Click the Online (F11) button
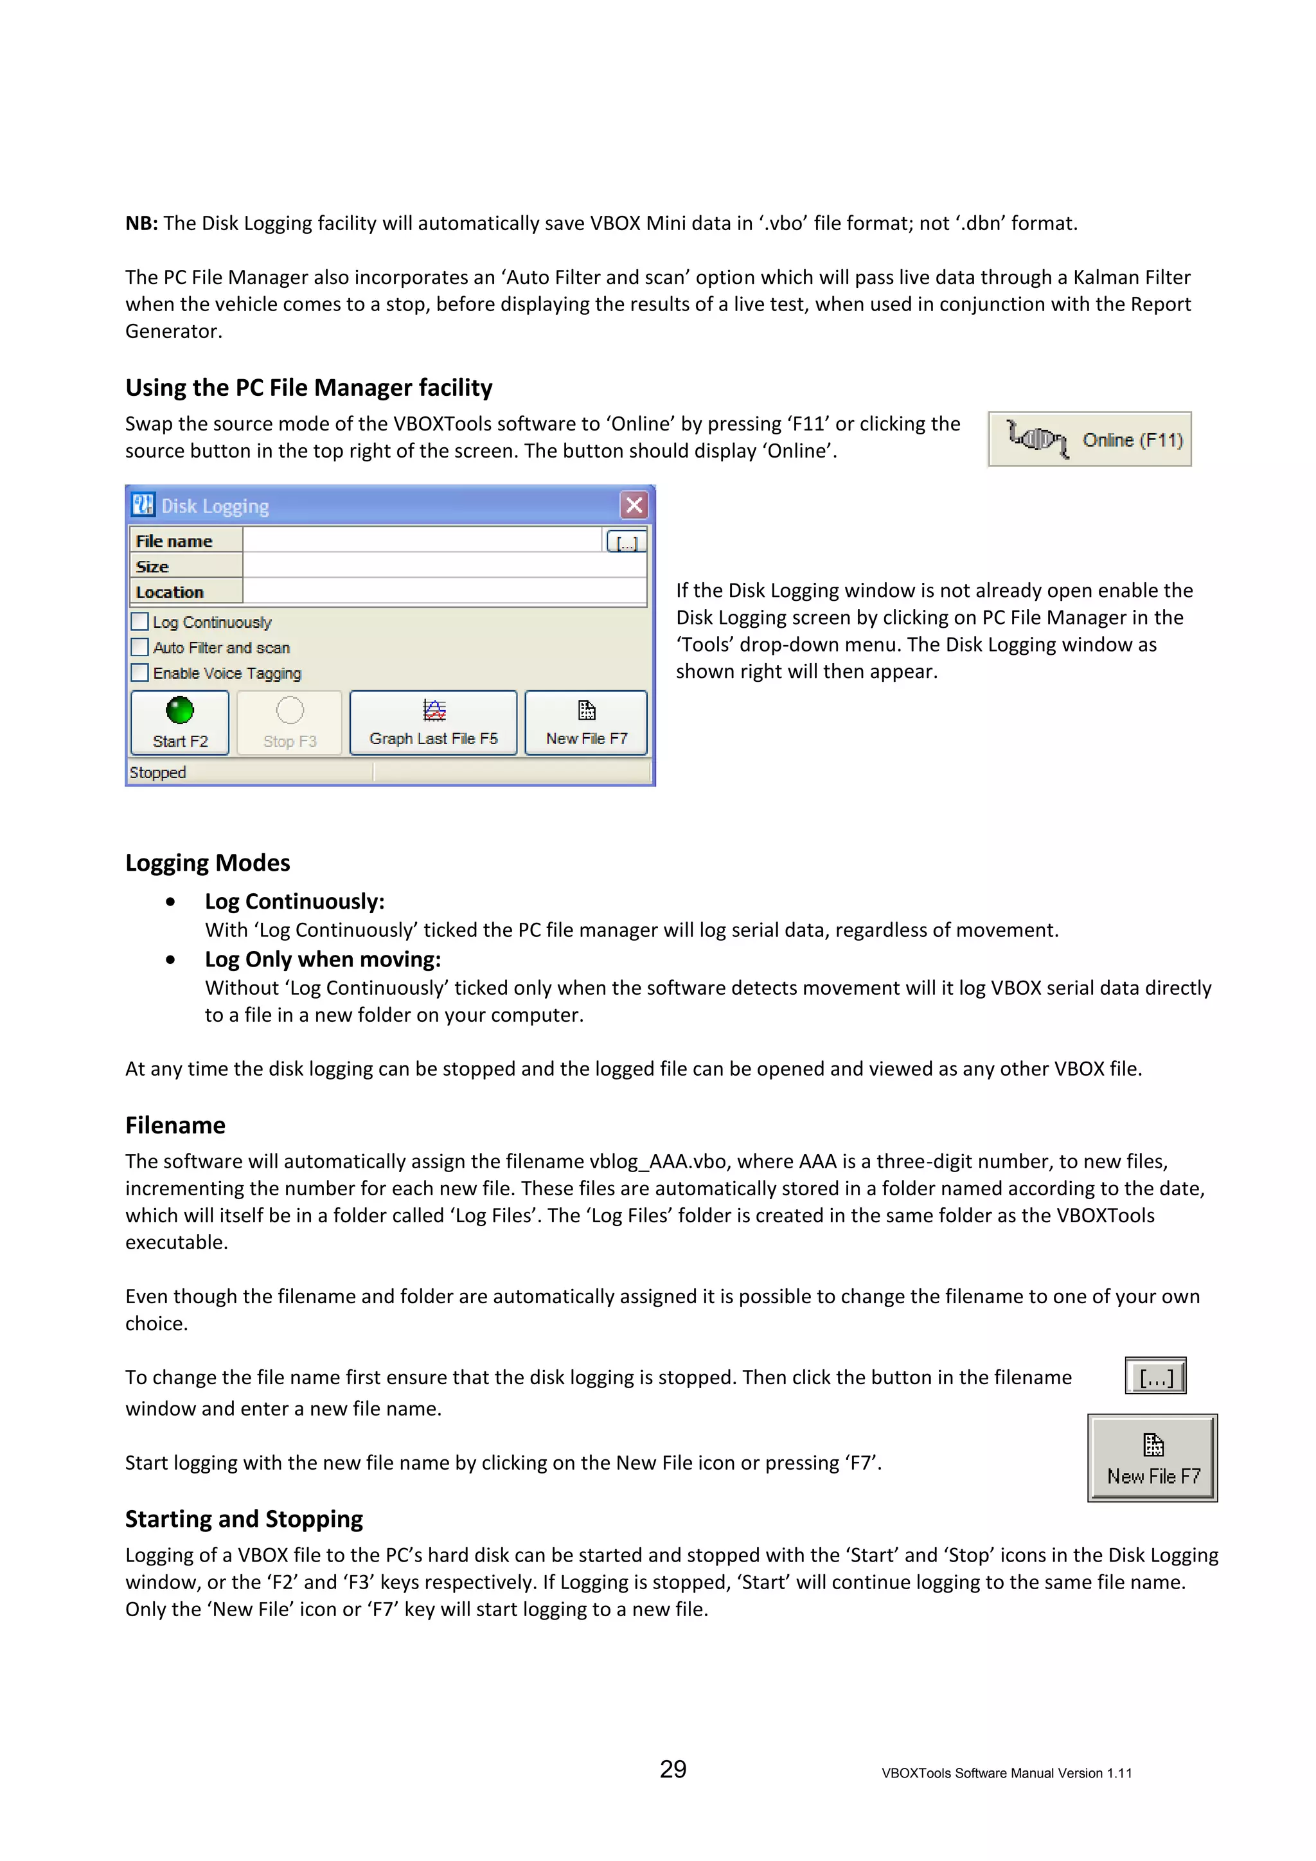pos(1089,440)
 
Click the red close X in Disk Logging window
pos(634,505)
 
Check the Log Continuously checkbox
pos(140,621)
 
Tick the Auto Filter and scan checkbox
pos(140,648)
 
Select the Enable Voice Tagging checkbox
pos(140,673)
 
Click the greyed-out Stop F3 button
pos(289,722)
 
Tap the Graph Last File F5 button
pos(432,722)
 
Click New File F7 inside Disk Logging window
pos(586,722)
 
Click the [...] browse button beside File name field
pos(627,542)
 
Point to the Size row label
pos(152,567)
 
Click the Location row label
pos(170,592)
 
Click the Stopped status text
pos(158,772)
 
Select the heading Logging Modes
pos(208,862)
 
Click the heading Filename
pos(175,1125)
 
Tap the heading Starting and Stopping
pos(244,1518)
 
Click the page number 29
pos(673,1768)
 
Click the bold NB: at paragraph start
pos(141,224)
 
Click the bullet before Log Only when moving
pos(170,959)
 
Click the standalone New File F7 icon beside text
pos(1152,1458)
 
